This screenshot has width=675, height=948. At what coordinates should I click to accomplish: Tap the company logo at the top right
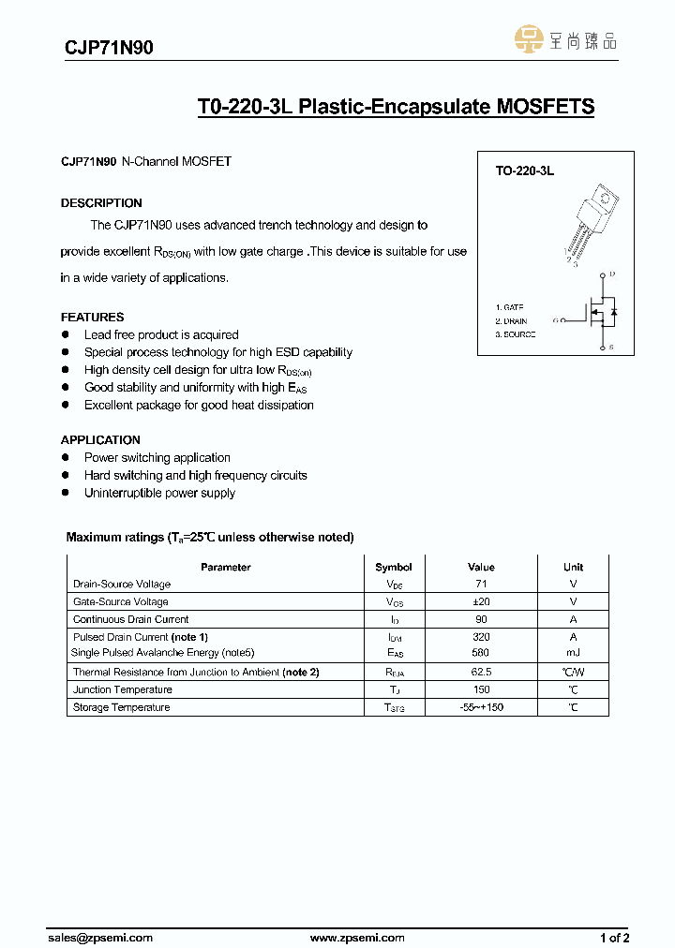pyautogui.click(x=566, y=40)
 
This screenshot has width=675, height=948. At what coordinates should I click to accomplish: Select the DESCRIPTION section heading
pyautogui.click(x=101, y=203)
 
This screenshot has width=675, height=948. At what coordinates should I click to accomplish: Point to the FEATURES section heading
pyautogui.click(x=92, y=317)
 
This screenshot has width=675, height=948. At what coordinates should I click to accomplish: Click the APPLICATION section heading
pyautogui.click(x=100, y=439)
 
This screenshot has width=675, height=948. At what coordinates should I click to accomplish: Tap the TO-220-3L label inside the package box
pyautogui.click(x=525, y=171)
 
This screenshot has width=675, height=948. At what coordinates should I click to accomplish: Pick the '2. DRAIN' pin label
pyautogui.click(x=512, y=321)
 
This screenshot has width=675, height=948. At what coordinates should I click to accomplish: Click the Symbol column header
pyautogui.click(x=394, y=567)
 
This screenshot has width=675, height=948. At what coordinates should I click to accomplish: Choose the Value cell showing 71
pyautogui.click(x=481, y=585)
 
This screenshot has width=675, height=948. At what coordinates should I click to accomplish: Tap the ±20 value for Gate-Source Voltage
pyautogui.click(x=481, y=601)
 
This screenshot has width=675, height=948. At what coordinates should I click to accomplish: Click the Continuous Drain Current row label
pyautogui.click(x=130, y=619)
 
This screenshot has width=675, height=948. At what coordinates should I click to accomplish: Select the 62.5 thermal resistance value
pyautogui.click(x=481, y=672)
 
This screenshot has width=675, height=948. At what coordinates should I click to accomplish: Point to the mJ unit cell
pyautogui.click(x=573, y=653)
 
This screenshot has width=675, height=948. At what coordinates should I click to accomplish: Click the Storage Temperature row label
pyautogui.click(x=121, y=707)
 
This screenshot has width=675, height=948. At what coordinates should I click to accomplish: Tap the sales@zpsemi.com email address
pyautogui.click(x=99, y=937)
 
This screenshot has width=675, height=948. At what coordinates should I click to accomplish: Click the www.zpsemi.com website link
pyautogui.click(x=357, y=937)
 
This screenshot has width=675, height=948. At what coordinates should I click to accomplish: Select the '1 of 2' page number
pyautogui.click(x=614, y=937)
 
